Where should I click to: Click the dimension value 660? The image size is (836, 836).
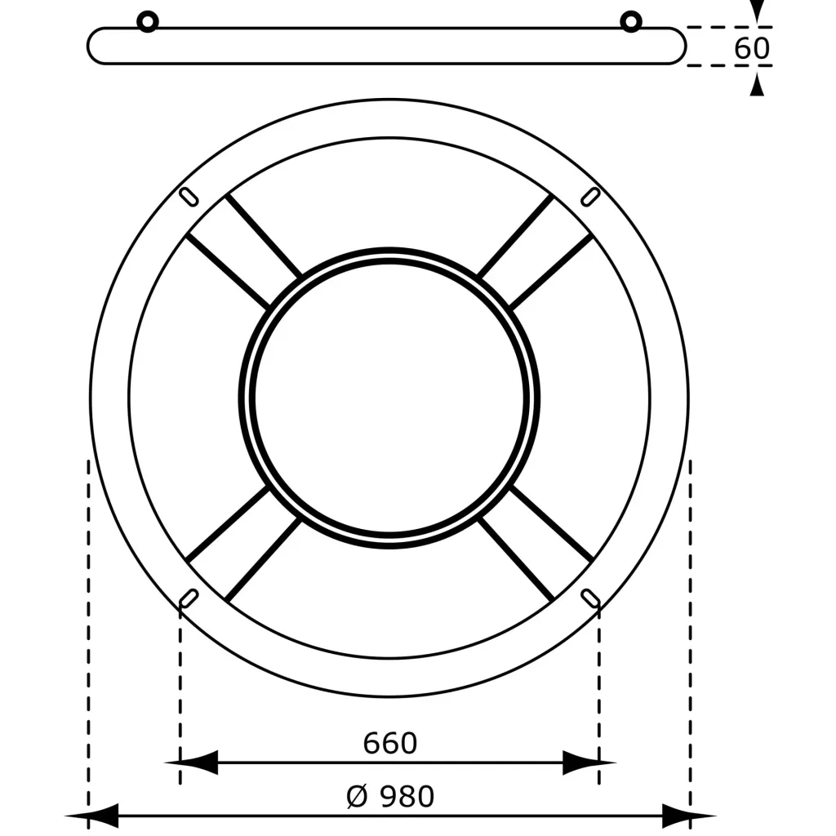click(389, 743)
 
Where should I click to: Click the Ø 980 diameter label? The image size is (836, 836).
click(390, 797)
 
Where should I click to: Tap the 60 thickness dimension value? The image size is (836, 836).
click(752, 48)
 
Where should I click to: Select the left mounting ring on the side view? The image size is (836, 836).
click(148, 22)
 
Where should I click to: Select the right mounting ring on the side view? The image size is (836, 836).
click(631, 22)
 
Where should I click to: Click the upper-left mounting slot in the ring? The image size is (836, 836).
click(189, 197)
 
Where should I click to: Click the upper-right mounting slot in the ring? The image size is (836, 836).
click(590, 197)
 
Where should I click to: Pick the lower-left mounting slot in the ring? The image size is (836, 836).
click(189, 598)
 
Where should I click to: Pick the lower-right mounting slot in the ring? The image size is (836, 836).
click(590, 598)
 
